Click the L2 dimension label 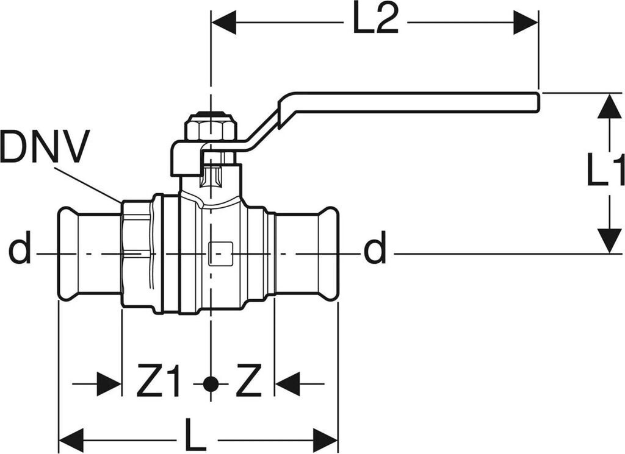375,23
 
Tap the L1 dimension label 605,170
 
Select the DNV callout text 45,147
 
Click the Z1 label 158,384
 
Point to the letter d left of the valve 20,251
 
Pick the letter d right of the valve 375,251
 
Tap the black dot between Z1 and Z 211,384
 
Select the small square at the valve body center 220,254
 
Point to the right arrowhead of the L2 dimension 526,23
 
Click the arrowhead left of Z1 110,384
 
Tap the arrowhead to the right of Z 287,384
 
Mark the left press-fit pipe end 89,254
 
